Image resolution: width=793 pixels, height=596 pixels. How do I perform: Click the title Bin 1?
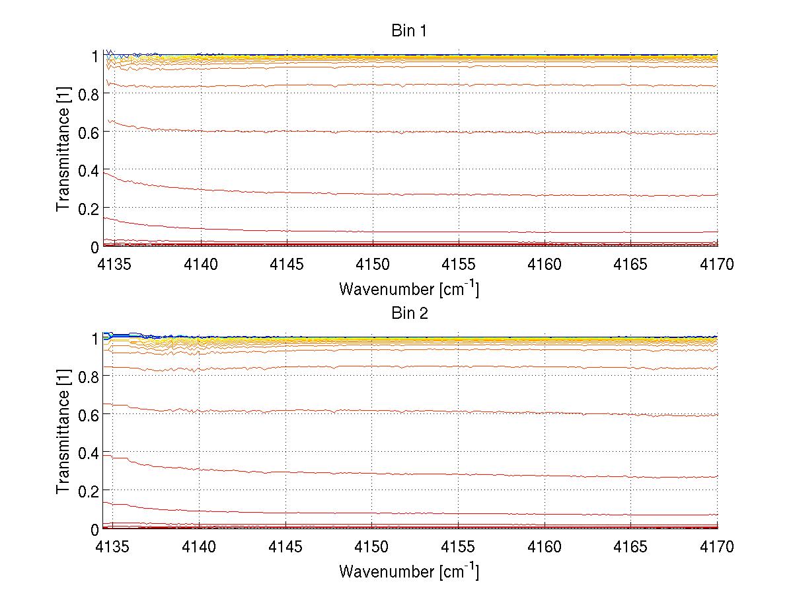(409, 31)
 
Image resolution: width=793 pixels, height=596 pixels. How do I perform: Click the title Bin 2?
(409, 313)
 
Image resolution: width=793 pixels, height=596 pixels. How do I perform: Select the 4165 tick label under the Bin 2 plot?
(631, 548)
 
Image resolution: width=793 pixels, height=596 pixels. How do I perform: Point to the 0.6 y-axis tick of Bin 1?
(88, 132)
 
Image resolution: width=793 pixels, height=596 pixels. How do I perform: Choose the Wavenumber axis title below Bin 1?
(409, 288)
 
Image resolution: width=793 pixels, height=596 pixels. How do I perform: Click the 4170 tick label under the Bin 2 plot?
(717, 548)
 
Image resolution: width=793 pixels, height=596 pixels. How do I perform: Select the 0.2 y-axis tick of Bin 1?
(88, 208)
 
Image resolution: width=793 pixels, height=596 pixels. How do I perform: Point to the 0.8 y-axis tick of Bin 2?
(88, 376)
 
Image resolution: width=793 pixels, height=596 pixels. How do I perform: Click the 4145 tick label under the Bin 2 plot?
(286, 548)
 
